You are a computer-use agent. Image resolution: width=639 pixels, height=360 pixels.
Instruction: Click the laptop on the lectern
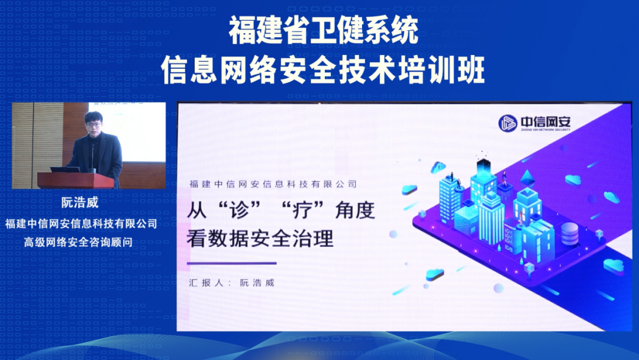64,169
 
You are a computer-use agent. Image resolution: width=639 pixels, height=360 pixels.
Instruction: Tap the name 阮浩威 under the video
80,202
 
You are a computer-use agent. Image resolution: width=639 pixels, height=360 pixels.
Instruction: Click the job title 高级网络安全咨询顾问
81,242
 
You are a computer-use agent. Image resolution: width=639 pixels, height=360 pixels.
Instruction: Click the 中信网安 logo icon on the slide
507,122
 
